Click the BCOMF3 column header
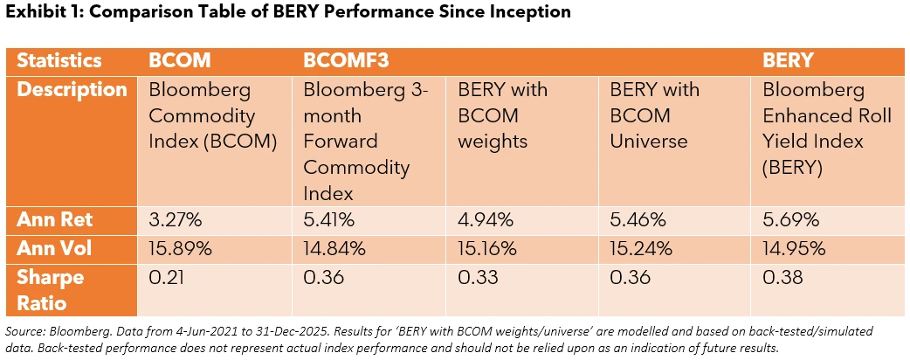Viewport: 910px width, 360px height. [x=346, y=60]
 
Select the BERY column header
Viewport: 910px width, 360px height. [x=788, y=60]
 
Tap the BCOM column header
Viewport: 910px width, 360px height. [x=181, y=60]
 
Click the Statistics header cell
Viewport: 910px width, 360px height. [x=59, y=60]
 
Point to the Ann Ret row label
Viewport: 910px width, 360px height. [x=52, y=219]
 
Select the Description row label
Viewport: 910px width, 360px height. [x=72, y=90]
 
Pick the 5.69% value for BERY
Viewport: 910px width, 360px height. [x=789, y=219]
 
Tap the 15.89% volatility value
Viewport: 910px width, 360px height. [x=181, y=248]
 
